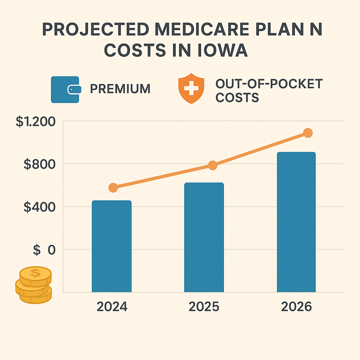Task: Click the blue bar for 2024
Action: coord(111,246)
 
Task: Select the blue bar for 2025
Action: coord(204,237)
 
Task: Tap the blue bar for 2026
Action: coord(296,222)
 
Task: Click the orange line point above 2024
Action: coord(113,188)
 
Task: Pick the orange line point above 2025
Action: coord(212,166)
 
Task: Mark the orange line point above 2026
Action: coord(308,133)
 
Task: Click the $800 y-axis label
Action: coord(40,164)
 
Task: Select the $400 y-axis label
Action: coord(40,207)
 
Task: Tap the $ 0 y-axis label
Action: coord(44,250)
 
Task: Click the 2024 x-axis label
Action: coord(112,307)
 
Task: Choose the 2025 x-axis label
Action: coord(204,307)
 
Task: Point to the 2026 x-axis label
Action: coord(296,307)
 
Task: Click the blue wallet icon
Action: coord(66,90)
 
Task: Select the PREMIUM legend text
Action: coord(120,89)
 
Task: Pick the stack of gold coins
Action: coord(34,284)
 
